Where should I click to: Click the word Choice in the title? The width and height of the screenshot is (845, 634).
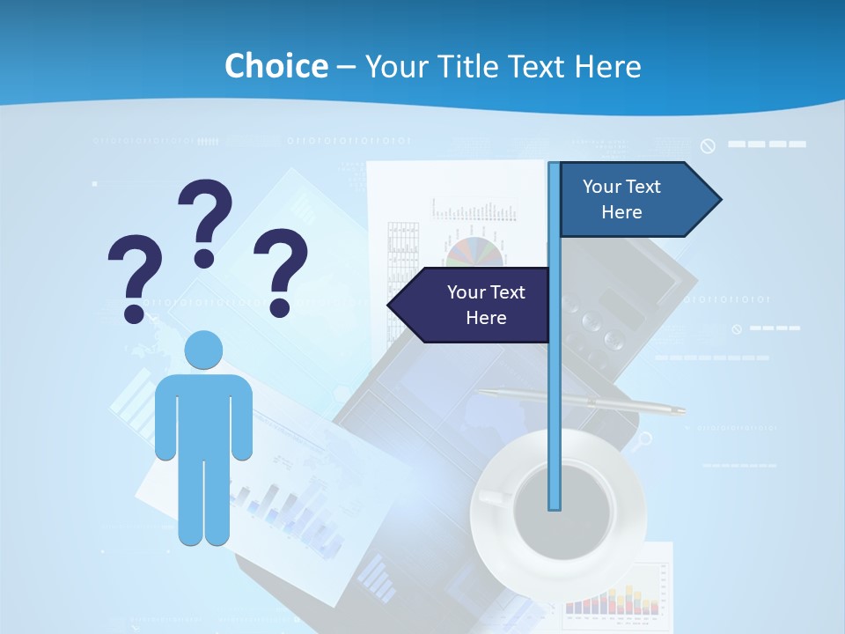tap(276, 66)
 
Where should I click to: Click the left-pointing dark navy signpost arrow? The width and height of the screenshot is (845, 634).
tap(471, 305)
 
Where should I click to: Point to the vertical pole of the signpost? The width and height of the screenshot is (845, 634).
tap(554, 396)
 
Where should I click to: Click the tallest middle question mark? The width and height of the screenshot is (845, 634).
tap(205, 220)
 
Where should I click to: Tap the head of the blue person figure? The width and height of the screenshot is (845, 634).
tap(203, 350)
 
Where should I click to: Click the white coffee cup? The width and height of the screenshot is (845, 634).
tap(560, 502)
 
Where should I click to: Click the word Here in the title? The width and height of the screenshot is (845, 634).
tap(607, 66)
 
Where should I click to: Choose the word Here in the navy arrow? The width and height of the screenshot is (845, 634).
tap(486, 318)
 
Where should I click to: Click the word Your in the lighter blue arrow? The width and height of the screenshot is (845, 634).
tap(602, 187)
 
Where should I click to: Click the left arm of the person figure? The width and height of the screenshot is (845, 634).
tap(165, 418)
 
